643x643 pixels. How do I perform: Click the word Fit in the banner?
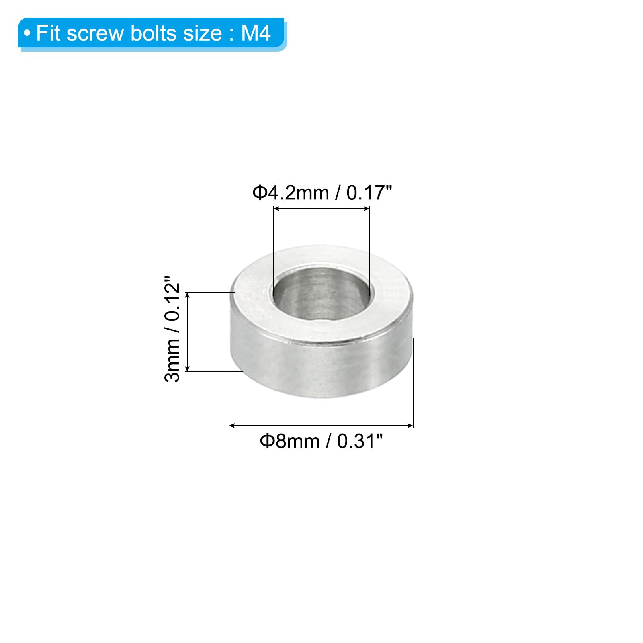[48, 33]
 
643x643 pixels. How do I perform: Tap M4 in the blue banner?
[256, 33]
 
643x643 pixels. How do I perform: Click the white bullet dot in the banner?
[27, 33]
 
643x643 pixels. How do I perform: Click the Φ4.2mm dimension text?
[291, 193]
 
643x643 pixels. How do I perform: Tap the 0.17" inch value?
[369, 192]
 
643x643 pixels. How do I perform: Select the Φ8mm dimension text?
[290, 441]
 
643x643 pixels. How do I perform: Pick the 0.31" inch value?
[360, 441]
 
